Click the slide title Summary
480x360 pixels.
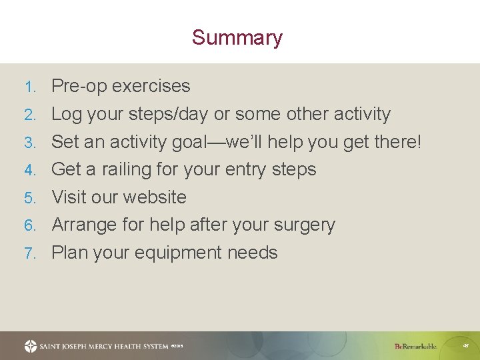[x=237, y=37]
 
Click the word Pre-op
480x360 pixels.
[x=79, y=86]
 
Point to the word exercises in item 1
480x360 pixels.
[x=151, y=86]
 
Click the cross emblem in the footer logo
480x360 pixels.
[x=31, y=346]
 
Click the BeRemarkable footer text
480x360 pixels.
[x=415, y=346]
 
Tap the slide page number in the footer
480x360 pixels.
[x=465, y=346]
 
